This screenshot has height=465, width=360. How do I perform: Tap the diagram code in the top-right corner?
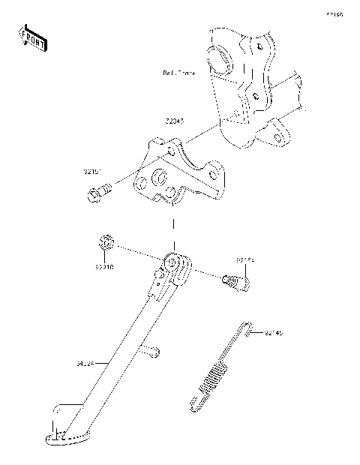coord(334,14)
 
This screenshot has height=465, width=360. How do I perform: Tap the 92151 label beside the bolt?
coord(93,171)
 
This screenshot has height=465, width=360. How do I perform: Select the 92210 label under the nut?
coord(104,265)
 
